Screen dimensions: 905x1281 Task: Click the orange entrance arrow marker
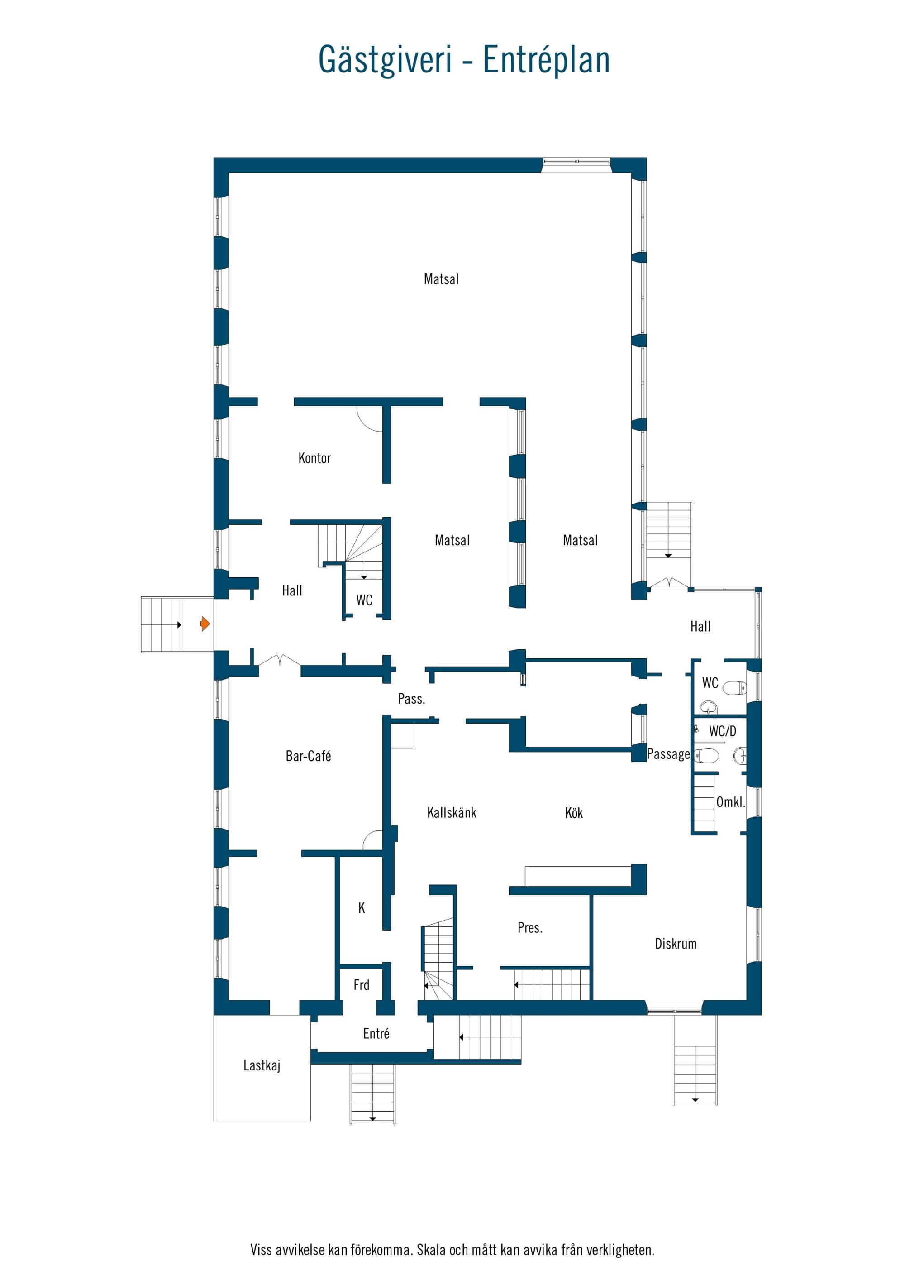pos(205,623)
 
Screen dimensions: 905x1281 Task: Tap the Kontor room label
pos(314,458)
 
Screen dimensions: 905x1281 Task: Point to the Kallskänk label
pos(452,812)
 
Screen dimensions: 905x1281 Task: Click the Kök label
pos(574,812)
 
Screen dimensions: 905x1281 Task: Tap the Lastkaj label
pos(262,1065)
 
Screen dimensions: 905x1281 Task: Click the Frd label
pos(362,985)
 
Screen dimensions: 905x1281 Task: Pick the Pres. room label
pos(530,927)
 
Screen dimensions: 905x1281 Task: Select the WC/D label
pos(723,731)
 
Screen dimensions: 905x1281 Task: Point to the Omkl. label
pos(730,802)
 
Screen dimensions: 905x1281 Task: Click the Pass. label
pos(411,699)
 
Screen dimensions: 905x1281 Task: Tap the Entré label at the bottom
pos(376,1033)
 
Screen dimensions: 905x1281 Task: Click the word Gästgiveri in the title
pos(385,60)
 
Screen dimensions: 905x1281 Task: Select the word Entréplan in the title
pos(547,60)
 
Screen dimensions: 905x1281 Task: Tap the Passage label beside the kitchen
pos(669,754)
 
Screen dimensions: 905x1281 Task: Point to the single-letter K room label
pos(362,908)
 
